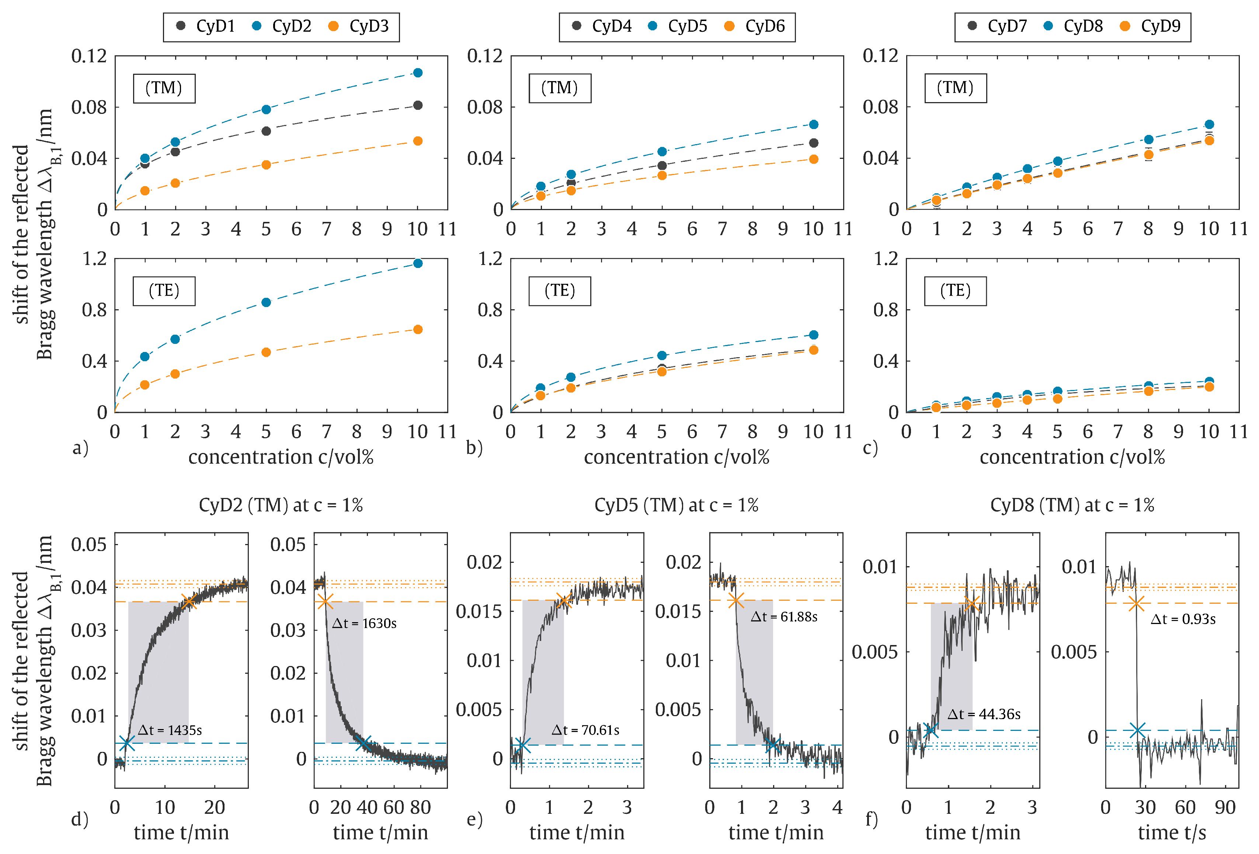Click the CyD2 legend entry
pyautogui.click(x=282, y=27)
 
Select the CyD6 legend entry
pyautogui.click(x=755, y=27)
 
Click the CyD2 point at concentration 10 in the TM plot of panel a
pyautogui.click(x=418, y=73)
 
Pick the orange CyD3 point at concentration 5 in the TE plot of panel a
pyautogui.click(x=266, y=352)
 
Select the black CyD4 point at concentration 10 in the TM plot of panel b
pyautogui.click(x=813, y=143)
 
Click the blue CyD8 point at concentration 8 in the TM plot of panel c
pyautogui.click(x=1148, y=139)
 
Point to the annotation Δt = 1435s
pyautogui.click(x=170, y=731)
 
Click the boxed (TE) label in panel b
pyautogui.click(x=560, y=291)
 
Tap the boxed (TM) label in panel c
pyautogui.click(x=955, y=88)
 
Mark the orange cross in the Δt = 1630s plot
pyautogui.click(x=325, y=602)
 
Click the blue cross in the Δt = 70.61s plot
pyautogui.click(x=522, y=745)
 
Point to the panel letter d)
pyautogui.click(x=80, y=819)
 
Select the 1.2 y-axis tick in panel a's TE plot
pyautogui.click(x=95, y=259)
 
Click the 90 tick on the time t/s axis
pyautogui.click(x=1225, y=808)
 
